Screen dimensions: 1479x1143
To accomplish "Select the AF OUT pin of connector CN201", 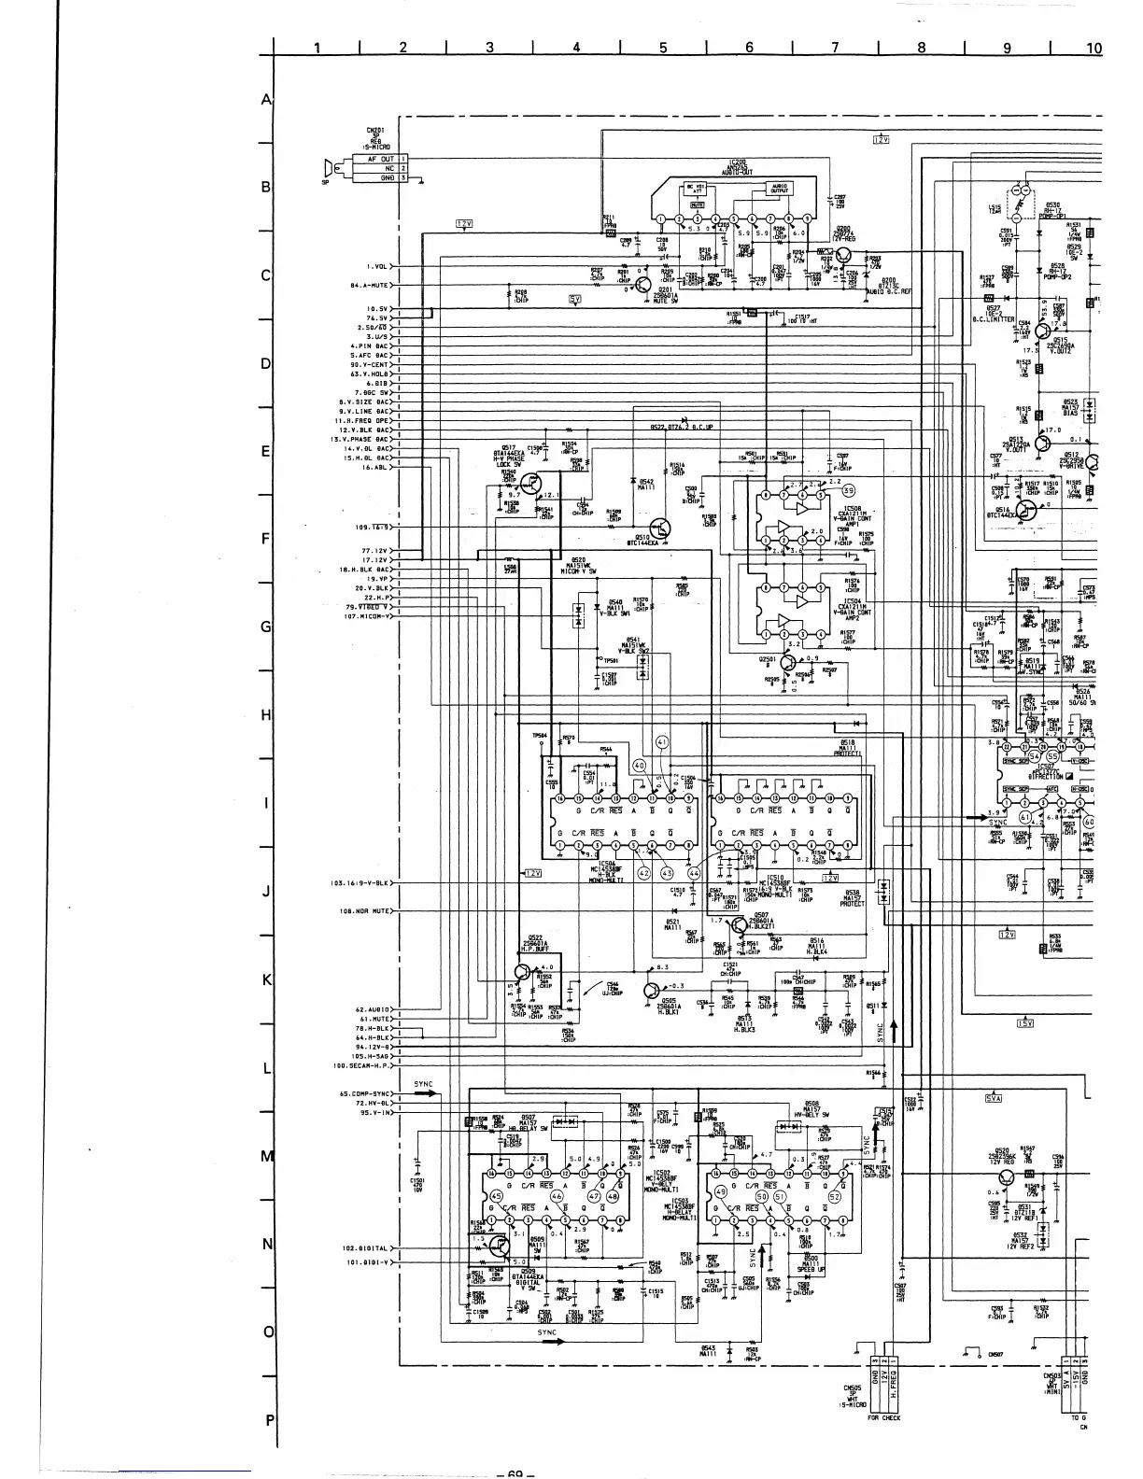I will (378, 159).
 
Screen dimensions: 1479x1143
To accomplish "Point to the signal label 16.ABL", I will (374, 467).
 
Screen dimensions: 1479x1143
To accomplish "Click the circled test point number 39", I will (847, 490).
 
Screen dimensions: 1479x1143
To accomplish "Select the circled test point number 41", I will (663, 742).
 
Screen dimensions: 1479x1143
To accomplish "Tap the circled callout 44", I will (694, 873).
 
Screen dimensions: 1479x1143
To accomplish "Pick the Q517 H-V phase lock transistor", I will (529, 483).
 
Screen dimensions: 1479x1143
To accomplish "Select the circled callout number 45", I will (495, 1196).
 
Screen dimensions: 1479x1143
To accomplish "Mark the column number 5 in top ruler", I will (662, 49).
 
